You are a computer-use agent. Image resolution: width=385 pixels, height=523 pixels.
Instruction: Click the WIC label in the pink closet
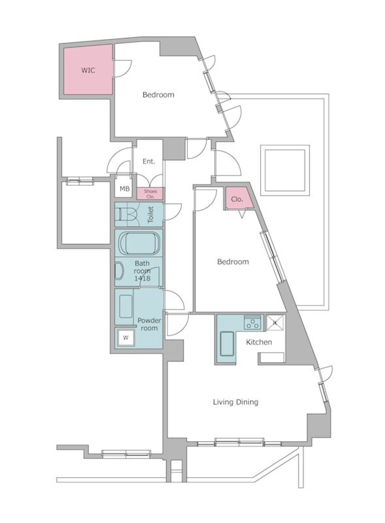click(x=88, y=71)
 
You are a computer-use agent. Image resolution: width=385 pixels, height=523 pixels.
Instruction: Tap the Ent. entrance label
click(x=149, y=162)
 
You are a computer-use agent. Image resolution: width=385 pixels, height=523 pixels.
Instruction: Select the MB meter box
click(x=125, y=189)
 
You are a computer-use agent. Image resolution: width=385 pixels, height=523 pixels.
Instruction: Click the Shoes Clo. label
click(x=150, y=194)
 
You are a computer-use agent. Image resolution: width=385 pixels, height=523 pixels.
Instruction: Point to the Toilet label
click(x=151, y=215)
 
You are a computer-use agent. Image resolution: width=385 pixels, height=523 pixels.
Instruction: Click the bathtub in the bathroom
click(x=139, y=243)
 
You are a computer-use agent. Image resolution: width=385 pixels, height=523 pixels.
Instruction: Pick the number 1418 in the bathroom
click(x=142, y=278)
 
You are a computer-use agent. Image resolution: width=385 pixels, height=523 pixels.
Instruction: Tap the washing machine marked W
click(x=126, y=338)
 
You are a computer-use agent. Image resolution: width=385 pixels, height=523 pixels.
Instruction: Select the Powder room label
click(x=149, y=324)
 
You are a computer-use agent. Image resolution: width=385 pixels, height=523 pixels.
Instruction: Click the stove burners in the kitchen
click(x=253, y=322)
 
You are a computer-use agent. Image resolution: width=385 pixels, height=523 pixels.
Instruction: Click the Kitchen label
click(x=259, y=342)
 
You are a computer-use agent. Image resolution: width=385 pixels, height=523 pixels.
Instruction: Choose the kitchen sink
click(x=227, y=344)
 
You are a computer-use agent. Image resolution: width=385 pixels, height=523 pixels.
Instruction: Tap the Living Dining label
click(x=235, y=402)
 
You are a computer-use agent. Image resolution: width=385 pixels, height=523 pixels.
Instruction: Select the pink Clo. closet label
click(x=237, y=199)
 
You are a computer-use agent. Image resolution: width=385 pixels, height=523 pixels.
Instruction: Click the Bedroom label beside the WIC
click(x=158, y=95)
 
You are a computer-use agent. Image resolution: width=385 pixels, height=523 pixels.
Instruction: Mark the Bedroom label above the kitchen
click(x=233, y=261)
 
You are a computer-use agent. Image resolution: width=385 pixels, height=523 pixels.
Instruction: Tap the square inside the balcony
click(x=285, y=170)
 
